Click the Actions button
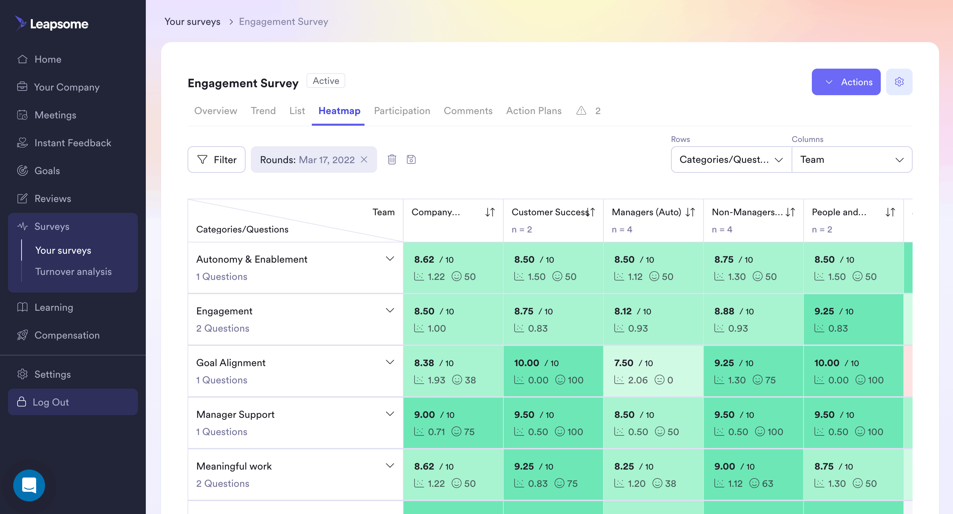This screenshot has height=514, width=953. tap(846, 82)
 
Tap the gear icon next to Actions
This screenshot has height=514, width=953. tap(899, 82)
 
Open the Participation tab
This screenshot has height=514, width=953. tap(402, 111)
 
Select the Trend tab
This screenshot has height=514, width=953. tap(263, 111)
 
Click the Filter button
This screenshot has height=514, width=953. tap(216, 160)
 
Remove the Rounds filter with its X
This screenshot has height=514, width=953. tap(364, 160)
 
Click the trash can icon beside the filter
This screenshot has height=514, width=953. tap(392, 160)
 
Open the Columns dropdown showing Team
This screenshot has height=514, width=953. tap(852, 160)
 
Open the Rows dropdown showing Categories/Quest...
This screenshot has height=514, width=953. tap(731, 160)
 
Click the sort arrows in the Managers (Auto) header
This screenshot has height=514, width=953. tap(690, 212)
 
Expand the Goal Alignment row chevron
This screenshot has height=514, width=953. tap(390, 362)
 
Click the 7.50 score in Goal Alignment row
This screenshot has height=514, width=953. tap(624, 363)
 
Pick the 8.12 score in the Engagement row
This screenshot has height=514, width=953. tap(623, 311)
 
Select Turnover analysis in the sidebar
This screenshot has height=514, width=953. tap(73, 272)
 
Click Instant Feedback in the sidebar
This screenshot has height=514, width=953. tap(73, 143)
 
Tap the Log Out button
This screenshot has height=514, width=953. tap(73, 402)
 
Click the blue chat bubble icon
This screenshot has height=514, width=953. tap(29, 485)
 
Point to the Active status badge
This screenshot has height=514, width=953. tap(325, 81)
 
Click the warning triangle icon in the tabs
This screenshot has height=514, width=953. tap(581, 111)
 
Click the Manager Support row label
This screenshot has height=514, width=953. tap(235, 415)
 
